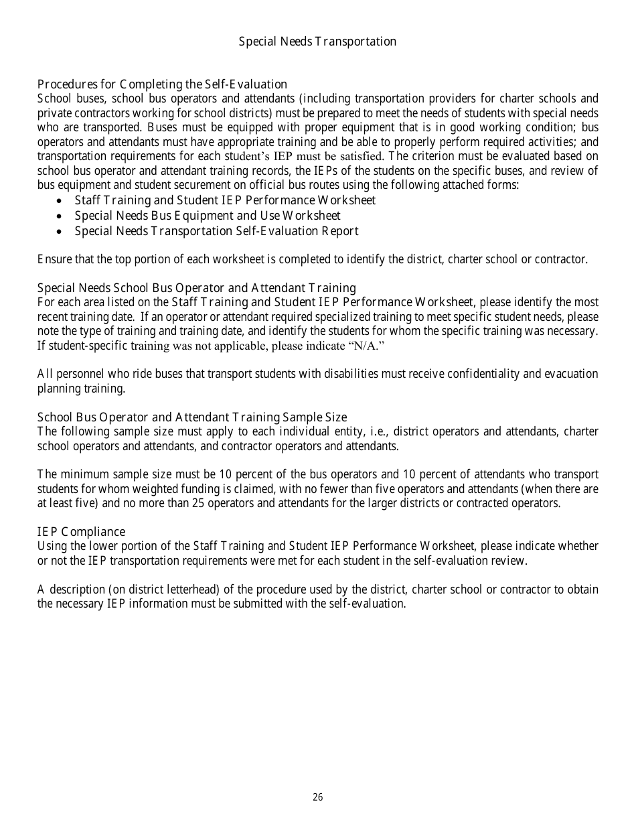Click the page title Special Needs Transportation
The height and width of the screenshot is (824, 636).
point(317,42)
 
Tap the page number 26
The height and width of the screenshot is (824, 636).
point(317,797)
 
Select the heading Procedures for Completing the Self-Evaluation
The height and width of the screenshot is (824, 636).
point(162,84)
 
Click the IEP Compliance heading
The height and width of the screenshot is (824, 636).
point(81,532)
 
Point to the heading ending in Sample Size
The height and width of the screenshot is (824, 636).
point(192,417)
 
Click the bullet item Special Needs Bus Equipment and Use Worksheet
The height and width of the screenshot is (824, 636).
point(208,216)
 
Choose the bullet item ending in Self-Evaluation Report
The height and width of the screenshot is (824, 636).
point(216,231)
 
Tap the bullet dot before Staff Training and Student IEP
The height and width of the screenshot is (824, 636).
point(62,201)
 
